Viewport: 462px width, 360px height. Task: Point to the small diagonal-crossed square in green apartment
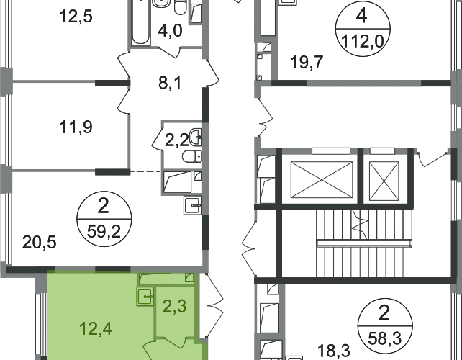pos(189,277)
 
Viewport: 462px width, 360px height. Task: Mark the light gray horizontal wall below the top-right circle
pos(345,83)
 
